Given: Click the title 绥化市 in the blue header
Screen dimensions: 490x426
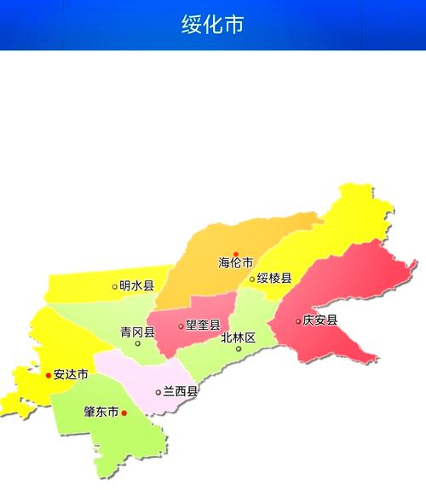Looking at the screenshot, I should coord(212,25).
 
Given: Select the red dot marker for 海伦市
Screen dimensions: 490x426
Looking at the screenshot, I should coord(236,253).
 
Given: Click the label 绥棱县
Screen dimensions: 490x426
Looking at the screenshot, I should coord(275,279).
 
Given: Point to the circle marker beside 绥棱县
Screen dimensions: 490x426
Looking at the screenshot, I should coord(252,279).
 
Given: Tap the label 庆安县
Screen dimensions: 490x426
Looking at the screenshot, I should coord(320,320).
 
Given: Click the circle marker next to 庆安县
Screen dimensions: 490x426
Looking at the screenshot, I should coord(298,321).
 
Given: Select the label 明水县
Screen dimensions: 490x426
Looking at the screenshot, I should coord(136,286).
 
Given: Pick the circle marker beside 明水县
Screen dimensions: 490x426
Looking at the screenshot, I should coord(115,286).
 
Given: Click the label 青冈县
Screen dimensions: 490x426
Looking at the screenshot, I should coord(137,332).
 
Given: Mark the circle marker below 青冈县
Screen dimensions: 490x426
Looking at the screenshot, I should coord(137,343).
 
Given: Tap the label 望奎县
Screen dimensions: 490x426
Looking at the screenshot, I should coord(203,325).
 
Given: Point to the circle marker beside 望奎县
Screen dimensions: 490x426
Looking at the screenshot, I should coord(181,326).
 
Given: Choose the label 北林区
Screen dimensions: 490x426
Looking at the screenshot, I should coord(238,337).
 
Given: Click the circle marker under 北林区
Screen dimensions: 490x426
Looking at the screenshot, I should coord(239,348).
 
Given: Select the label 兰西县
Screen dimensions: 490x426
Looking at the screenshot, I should coord(181,392).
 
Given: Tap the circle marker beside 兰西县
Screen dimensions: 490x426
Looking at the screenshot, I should coord(158,393).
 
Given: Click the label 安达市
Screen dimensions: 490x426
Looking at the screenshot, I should coord(71,374).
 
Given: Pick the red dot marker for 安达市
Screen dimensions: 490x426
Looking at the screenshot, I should coord(49,374).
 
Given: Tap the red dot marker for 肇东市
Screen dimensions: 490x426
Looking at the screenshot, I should coord(124,412).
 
